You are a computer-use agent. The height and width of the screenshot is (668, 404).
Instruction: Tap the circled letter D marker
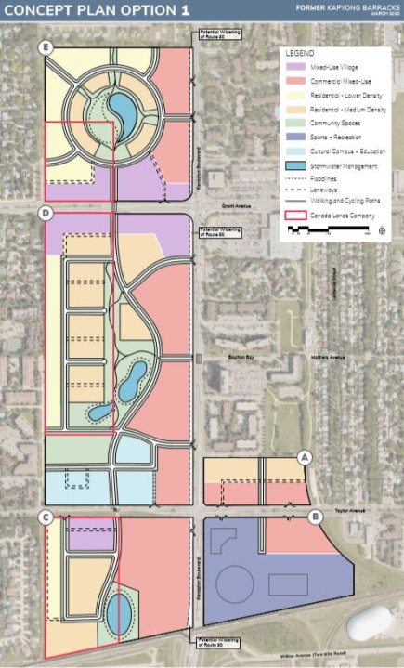pos(46,214)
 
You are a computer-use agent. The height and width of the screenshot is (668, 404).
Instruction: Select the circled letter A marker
pos(304,457)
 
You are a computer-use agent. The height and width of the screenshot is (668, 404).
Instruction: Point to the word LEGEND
pos(302,54)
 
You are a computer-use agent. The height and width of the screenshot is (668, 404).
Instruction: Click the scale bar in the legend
pos(330,231)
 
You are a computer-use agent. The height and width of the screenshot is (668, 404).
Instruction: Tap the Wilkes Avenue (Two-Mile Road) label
pos(279,654)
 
